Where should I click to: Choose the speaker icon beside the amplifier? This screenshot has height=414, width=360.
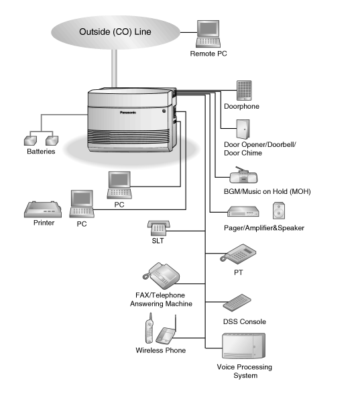tap(280, 211)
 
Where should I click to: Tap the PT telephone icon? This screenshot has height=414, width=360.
tap(238, 254)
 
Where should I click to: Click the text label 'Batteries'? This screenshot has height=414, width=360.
tap(41, 152)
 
